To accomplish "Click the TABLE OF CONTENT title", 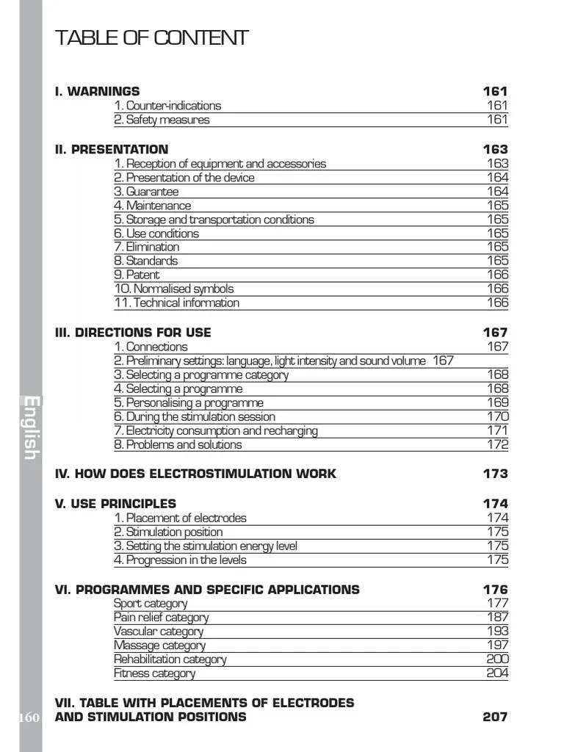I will coord(152,38).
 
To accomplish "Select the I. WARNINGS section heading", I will coord(97,92).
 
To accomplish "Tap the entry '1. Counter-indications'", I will coord(167,106).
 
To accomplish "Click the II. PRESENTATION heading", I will coord(112,150).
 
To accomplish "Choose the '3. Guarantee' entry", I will coord(146,192).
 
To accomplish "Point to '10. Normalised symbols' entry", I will coord(173,289).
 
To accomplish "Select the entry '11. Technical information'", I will coord(176,303).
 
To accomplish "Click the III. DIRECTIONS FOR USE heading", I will coord(133,333).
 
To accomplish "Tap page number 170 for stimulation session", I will coord(497,416).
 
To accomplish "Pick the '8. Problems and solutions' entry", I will coord(178,444).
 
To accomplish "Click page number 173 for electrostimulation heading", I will coord(495,474).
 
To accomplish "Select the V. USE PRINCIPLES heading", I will coord(115,504).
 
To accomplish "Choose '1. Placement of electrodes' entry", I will coord(180,518).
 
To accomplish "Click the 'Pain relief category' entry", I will coord(161,618).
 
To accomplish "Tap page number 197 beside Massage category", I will coord(497,646).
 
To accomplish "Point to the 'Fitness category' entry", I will coord(154,673).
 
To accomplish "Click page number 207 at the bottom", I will coord(495,717).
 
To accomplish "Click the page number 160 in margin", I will coord(30,717).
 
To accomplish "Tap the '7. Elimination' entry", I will coord(146,247).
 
